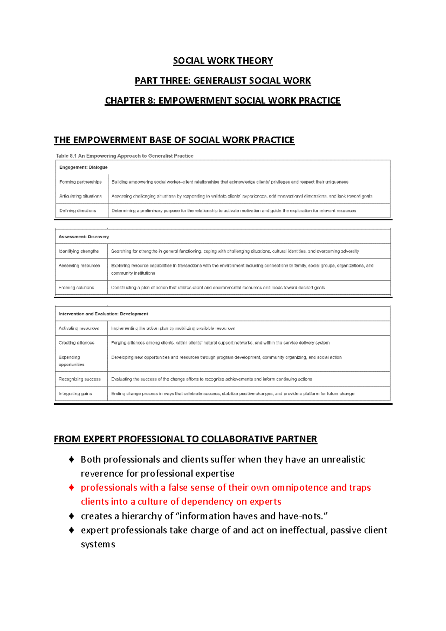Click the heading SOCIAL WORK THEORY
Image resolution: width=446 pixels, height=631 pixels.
pos(223,61)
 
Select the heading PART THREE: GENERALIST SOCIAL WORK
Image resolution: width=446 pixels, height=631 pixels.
pos(223,81)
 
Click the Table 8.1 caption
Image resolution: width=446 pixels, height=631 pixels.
pos(125,156)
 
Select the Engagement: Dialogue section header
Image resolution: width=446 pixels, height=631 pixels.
pos(83,167)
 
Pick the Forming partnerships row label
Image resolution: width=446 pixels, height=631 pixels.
pos(80,182)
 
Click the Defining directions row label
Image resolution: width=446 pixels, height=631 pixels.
pos(78,211)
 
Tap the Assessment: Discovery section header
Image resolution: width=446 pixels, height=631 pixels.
pos(84,237)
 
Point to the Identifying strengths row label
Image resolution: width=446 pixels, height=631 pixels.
pos(79,251)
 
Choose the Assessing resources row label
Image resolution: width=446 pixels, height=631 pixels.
pos(79,266)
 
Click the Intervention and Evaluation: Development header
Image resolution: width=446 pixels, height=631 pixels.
pos(103,314)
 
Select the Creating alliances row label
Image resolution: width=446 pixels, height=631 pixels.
pos(76,343)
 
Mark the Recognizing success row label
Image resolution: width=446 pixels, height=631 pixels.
pos(80,379)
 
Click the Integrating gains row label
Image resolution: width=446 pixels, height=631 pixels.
pos(75,394)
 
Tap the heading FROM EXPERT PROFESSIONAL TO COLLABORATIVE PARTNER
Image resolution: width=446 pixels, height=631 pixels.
pos(185,439)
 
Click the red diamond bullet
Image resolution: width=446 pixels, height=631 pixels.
pos(72,487)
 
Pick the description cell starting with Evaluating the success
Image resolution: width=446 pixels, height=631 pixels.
pos(211,379)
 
